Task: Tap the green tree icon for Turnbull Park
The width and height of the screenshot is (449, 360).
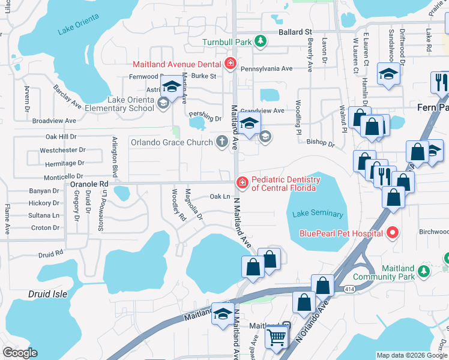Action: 261,41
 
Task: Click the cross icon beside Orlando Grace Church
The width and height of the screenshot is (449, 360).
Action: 222,142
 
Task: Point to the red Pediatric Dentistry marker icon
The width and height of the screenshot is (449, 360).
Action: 241,182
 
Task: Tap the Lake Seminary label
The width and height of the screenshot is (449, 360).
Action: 318,214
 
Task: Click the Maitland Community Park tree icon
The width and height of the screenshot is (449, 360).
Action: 424,271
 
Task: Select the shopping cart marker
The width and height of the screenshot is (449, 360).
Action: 277,337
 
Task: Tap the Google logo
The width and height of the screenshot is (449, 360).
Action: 20,353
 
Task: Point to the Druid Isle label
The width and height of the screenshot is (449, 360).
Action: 48,294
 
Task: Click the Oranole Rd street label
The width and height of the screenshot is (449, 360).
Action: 89,184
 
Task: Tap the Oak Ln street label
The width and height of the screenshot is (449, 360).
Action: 220,196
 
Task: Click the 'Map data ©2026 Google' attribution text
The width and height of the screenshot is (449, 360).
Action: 412,355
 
